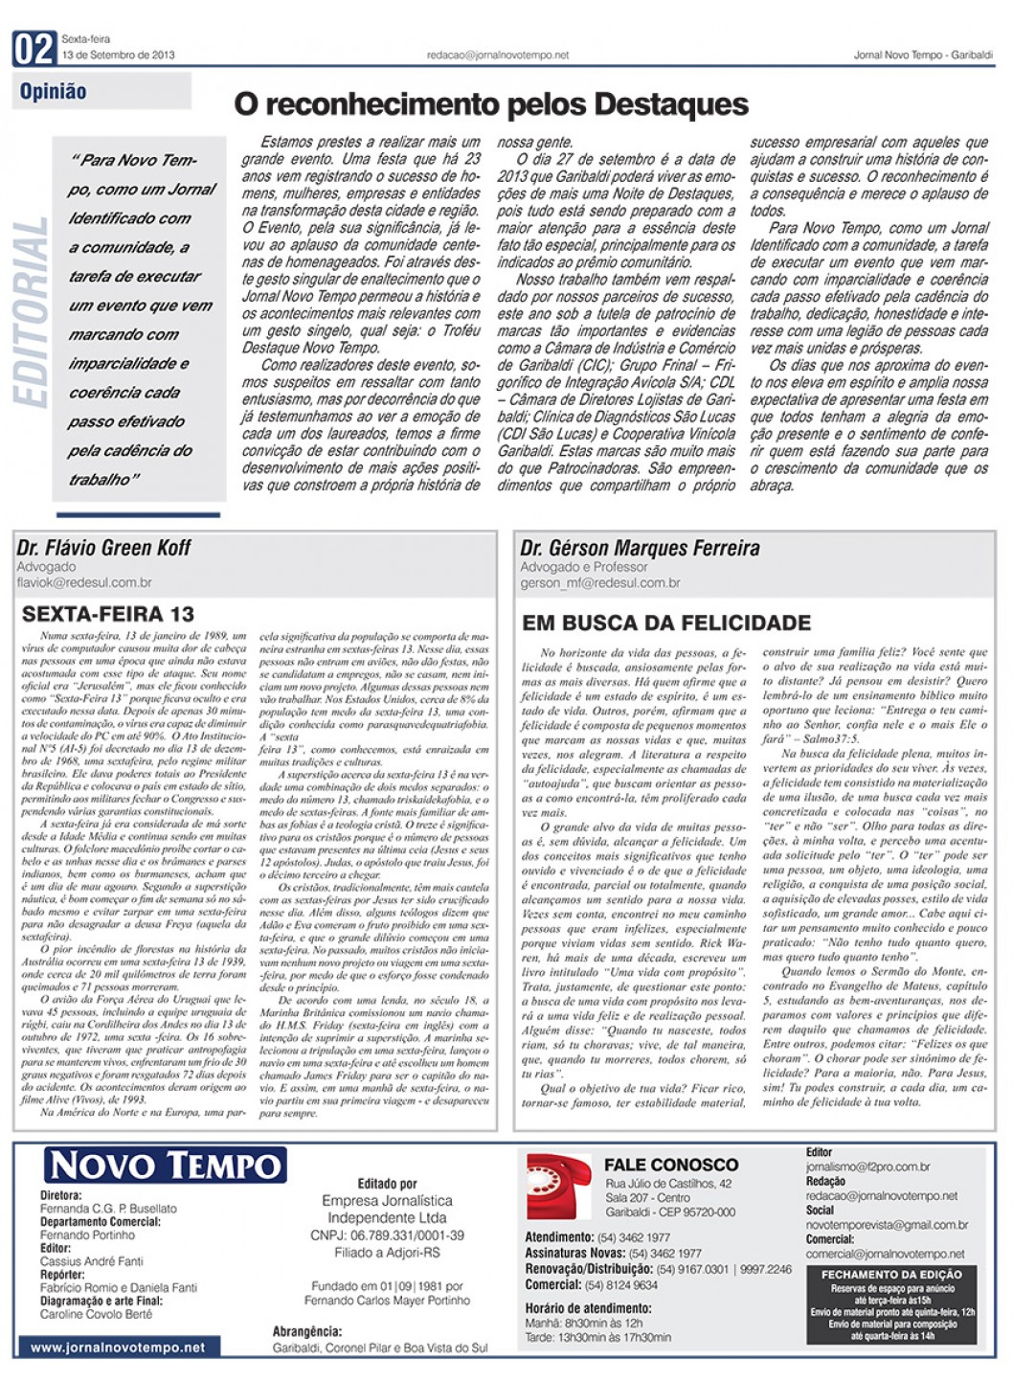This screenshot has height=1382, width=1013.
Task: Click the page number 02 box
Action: [x=34, y=48]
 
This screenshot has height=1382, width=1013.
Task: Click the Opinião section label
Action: [x=54, y=92]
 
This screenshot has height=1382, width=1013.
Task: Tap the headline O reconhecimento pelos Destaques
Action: [x=491, y=103]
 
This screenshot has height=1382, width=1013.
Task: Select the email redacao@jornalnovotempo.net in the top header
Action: [x=498, y=56]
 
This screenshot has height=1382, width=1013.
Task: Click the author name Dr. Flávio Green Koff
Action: [x=103, y=548]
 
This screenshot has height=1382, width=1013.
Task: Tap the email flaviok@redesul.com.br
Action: [x=84, y=582]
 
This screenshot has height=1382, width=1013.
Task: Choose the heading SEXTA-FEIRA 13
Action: [x=108, y=614]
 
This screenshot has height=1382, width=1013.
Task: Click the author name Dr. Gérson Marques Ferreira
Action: [x=640, y=549]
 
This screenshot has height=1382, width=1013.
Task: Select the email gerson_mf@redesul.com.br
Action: [x=600, y=582]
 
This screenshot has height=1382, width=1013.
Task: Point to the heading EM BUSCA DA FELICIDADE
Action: [x=666, y=623]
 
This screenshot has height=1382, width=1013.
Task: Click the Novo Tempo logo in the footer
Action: [x=165, y=1166]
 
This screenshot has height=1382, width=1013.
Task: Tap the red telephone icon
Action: [x=559, y=1185]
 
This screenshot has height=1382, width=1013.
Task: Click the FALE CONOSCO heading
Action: [x=671, y=1165]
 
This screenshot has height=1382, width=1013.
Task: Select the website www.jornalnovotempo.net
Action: [x=118, y=1347]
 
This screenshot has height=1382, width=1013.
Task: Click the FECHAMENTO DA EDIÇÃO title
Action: [x=891, y=1275]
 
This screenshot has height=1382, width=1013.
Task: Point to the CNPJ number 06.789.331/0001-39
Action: [x=387, y=1235]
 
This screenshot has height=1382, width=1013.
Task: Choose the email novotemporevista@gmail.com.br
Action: [x=887, y=1225]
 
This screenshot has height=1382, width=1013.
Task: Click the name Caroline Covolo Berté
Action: [x=96, y=1314]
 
